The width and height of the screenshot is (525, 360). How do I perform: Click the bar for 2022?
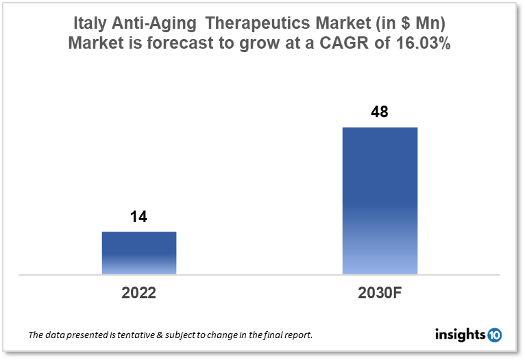[139, 253]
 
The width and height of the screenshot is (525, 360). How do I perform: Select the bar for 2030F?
[380, 201]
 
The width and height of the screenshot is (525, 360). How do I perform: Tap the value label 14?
[139, 217]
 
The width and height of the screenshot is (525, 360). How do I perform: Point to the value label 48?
[380, 112]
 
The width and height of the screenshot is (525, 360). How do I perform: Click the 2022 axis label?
[139, 293]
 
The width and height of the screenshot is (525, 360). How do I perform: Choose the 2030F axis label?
[380, 293]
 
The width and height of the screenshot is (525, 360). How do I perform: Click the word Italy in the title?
[90, 23]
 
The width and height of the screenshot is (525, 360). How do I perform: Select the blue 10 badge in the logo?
[494, 335]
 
